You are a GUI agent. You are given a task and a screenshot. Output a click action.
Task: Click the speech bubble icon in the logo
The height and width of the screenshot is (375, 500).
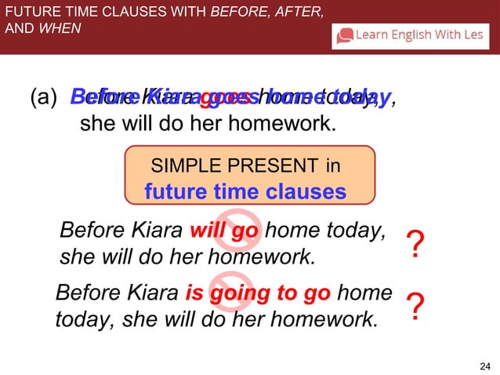tap(345, 35)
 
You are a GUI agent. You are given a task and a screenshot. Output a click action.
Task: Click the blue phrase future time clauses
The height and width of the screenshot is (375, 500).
tap(245, 191)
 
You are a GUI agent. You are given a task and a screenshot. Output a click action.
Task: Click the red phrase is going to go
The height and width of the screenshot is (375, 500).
tap(258, 293)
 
